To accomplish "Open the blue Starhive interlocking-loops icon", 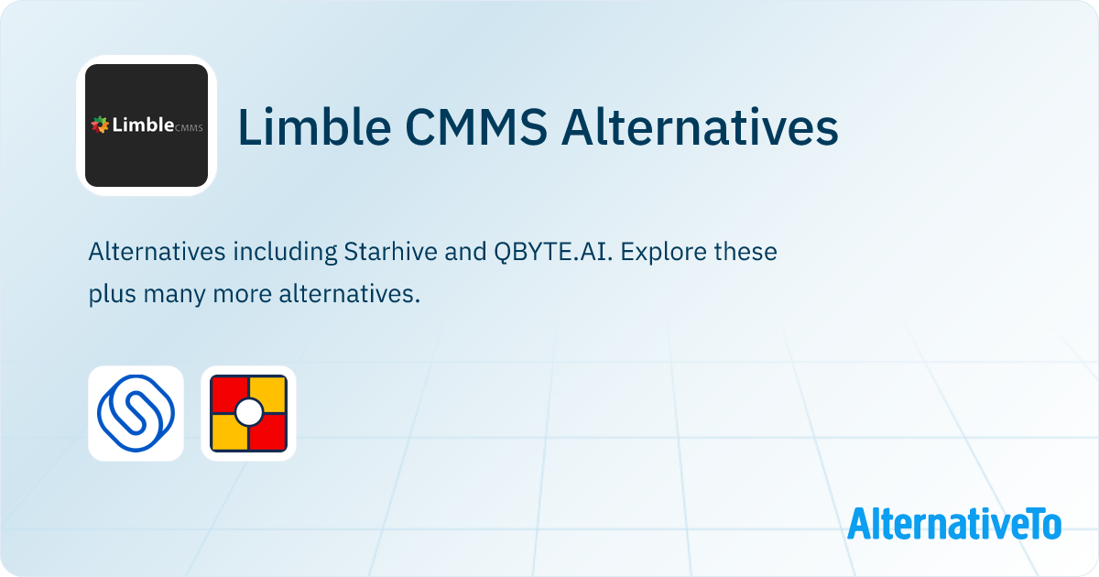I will [136, 413].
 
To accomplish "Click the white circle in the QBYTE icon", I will [248, 413].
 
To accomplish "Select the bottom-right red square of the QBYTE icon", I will [268, 433].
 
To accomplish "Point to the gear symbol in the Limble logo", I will [99, 125].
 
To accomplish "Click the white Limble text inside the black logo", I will [141, 125].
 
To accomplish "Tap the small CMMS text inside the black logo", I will [189, 128].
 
